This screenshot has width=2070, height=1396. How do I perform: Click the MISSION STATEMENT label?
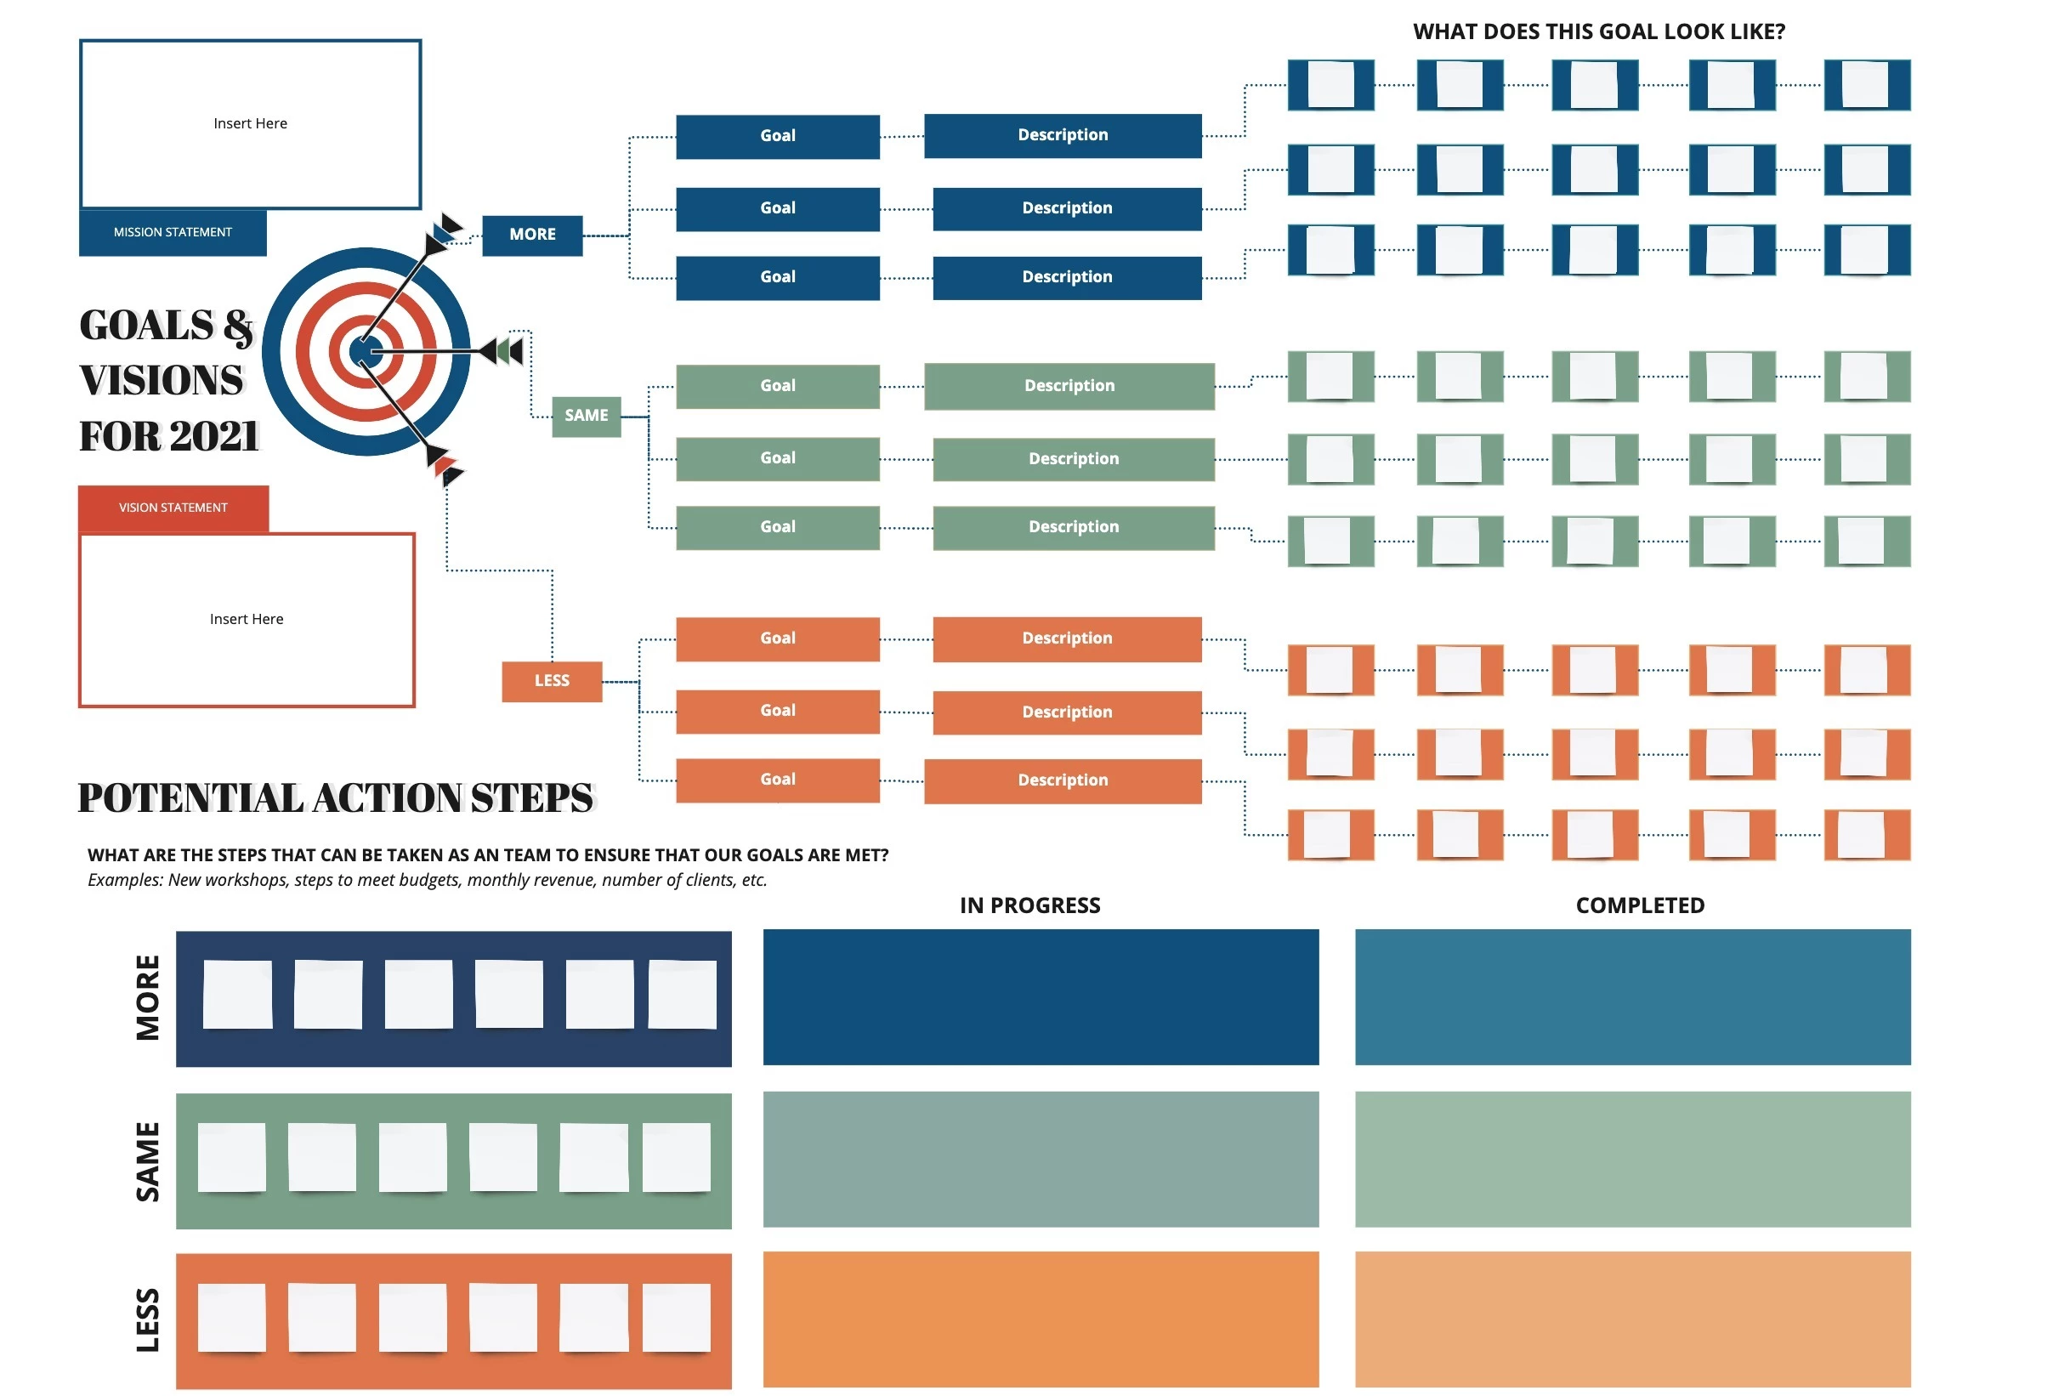coord(173,232)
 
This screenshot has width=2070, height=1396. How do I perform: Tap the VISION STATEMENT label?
coord(173,508)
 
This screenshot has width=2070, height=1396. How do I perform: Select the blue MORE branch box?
coord(532,235)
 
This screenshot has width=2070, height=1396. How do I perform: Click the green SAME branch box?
coord(587,416)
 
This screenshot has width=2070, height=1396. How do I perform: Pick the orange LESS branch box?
coord(552,681)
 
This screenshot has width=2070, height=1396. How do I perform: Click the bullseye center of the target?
coord(366,353)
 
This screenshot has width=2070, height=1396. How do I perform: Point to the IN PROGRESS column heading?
coord(1029,905)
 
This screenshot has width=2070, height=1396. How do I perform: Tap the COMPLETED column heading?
coord(1640,905)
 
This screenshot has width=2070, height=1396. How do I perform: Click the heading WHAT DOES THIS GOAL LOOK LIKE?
coord(1599,32)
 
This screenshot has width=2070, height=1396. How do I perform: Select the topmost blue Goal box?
coord(778,136)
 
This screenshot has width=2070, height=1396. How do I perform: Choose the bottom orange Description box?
coord(1063,780)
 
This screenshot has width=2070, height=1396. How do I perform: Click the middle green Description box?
coord(1074,459)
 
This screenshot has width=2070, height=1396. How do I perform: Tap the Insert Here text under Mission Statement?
coord(250,124)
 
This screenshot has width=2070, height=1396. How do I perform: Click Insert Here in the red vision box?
coord(247,620)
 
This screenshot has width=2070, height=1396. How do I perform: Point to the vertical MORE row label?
coord(148,998)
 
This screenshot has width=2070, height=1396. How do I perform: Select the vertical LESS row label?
coord(148,1320)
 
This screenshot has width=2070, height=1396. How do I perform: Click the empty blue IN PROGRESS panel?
coord(1041,997)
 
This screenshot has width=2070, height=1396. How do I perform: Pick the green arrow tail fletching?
coord(509,352)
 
